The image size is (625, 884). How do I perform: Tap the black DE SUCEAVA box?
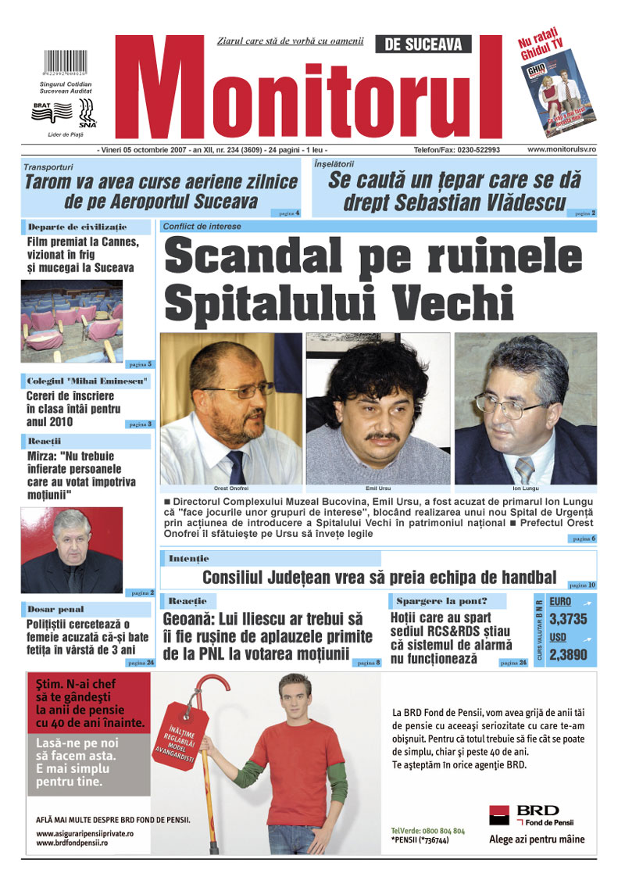point(423,45)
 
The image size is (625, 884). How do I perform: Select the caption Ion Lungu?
point(525,488)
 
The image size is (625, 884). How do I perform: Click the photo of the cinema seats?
point(71,320)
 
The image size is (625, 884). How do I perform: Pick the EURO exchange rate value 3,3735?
point(569,618)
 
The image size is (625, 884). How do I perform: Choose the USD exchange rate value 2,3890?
point(569,656)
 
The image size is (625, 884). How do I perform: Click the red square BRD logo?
point(500,815)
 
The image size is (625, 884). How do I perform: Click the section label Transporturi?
point(48,166)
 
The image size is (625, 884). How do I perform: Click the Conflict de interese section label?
point(202,226)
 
